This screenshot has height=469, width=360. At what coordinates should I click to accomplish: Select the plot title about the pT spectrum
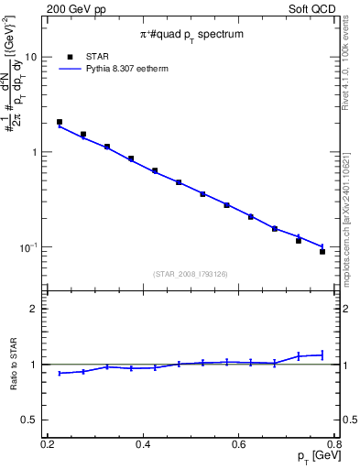[x=192, y=34]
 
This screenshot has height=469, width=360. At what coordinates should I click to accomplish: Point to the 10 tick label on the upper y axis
[x=30, y=57]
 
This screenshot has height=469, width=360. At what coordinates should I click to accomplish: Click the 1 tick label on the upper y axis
[x=34, y=152]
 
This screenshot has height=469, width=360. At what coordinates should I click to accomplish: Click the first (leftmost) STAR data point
[x=60, y=122]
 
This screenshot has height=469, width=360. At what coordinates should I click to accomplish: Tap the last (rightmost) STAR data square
[x=322, y=251]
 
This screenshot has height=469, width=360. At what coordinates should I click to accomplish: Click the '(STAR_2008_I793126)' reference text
[x=191, y=274]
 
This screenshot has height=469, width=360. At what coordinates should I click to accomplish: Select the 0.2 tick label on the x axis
[x=47, y=444]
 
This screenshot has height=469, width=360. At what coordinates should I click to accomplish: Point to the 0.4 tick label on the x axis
[x=143, y=444]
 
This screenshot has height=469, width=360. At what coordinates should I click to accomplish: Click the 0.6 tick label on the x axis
[x=239, y=444]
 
